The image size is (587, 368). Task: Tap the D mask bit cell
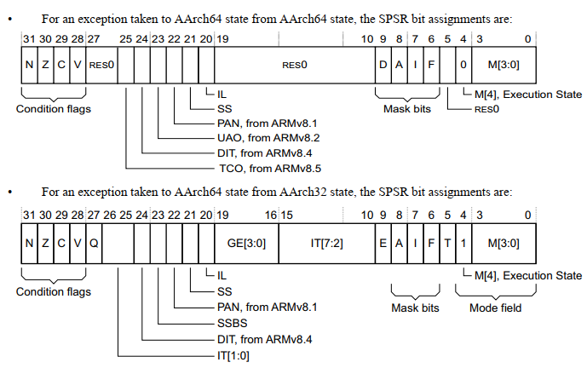(383, 64)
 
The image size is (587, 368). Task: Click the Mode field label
(494, 308)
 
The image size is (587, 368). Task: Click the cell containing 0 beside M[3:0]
(463, 64)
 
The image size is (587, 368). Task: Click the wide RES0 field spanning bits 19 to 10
(294, 64)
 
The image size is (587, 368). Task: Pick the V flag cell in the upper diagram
(78, 64)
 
